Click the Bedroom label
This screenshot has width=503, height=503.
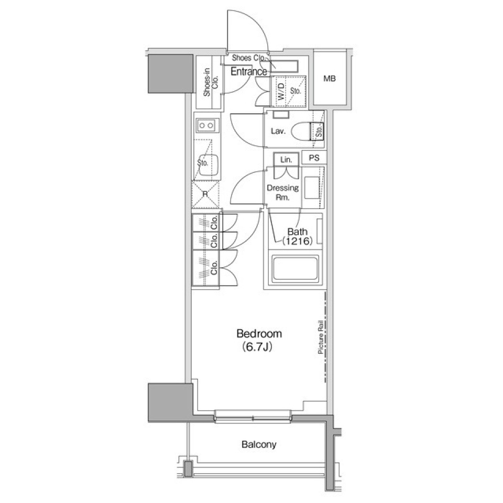259,334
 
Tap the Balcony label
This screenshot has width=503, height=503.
259,445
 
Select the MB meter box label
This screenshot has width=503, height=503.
330,78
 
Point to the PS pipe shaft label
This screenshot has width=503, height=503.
314,158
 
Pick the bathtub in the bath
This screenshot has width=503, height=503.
295,269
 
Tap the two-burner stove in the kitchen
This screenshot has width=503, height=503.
206,125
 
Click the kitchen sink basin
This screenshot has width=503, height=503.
209,165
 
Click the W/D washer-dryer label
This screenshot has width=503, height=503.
281,91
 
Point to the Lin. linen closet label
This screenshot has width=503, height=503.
286,159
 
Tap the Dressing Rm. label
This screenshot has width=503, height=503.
282,192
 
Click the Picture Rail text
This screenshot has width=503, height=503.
321,336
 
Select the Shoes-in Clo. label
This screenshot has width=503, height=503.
211,82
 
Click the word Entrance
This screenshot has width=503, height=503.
249,72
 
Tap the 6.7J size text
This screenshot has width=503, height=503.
257,347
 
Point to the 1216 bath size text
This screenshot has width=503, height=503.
297,241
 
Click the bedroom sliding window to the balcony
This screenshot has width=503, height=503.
253,417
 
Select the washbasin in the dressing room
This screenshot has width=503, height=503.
311,188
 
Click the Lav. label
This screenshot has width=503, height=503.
278,131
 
